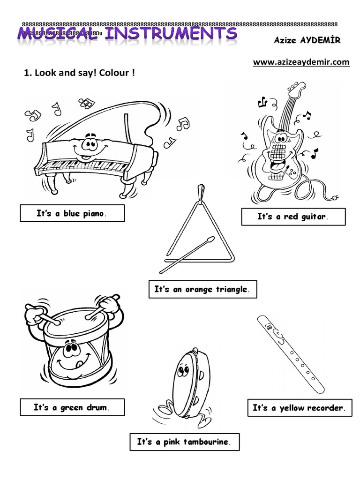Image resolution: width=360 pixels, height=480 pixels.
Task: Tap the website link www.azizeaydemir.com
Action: pyautogui.click(x=301, y=62)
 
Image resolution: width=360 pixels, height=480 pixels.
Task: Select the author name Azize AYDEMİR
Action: pyautogui.click(x=307, y=40)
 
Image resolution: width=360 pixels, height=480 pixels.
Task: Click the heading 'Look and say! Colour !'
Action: pyautogui.click(x=79, y=74)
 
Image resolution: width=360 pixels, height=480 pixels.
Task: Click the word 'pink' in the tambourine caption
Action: pyautogui.click(x=172, y=442)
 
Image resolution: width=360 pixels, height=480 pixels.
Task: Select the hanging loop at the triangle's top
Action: pyautogui.click(x=201, y=192)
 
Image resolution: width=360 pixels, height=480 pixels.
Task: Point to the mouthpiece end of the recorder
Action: pyautogui.click(x=265, y=323)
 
